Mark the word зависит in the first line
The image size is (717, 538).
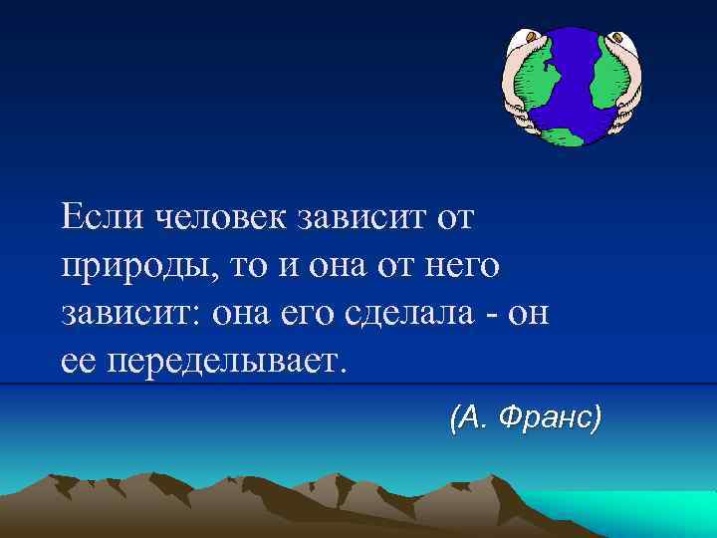pos(358,215)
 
